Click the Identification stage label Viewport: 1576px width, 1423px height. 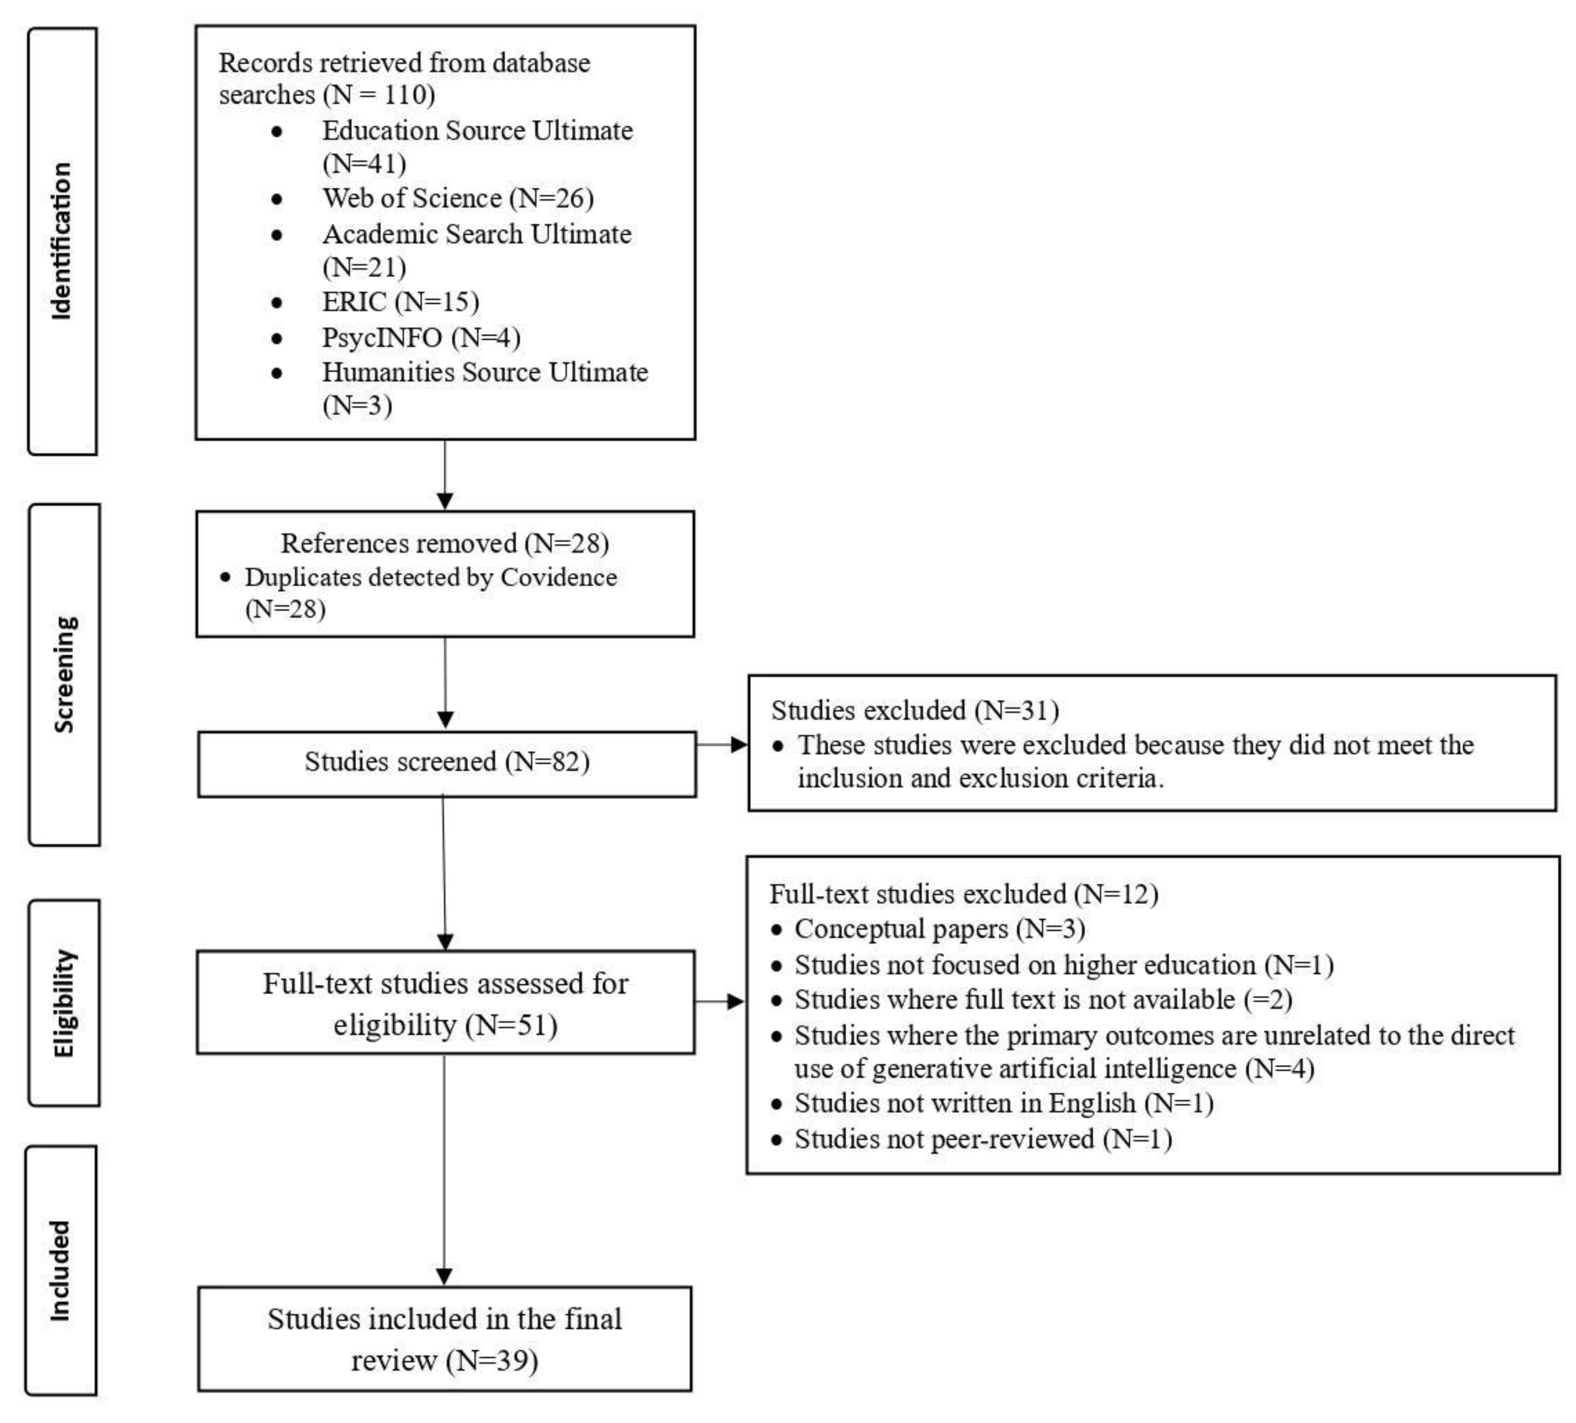point(61,241)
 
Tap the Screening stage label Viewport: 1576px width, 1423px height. point(64,674)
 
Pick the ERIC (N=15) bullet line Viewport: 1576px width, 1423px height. point(400,302)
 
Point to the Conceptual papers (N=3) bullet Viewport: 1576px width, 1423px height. point(940,929)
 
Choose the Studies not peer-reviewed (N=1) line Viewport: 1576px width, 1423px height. point(983,1139)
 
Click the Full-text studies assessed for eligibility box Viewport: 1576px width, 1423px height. point(445,1003)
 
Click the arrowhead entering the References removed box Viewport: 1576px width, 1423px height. point(445,500)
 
